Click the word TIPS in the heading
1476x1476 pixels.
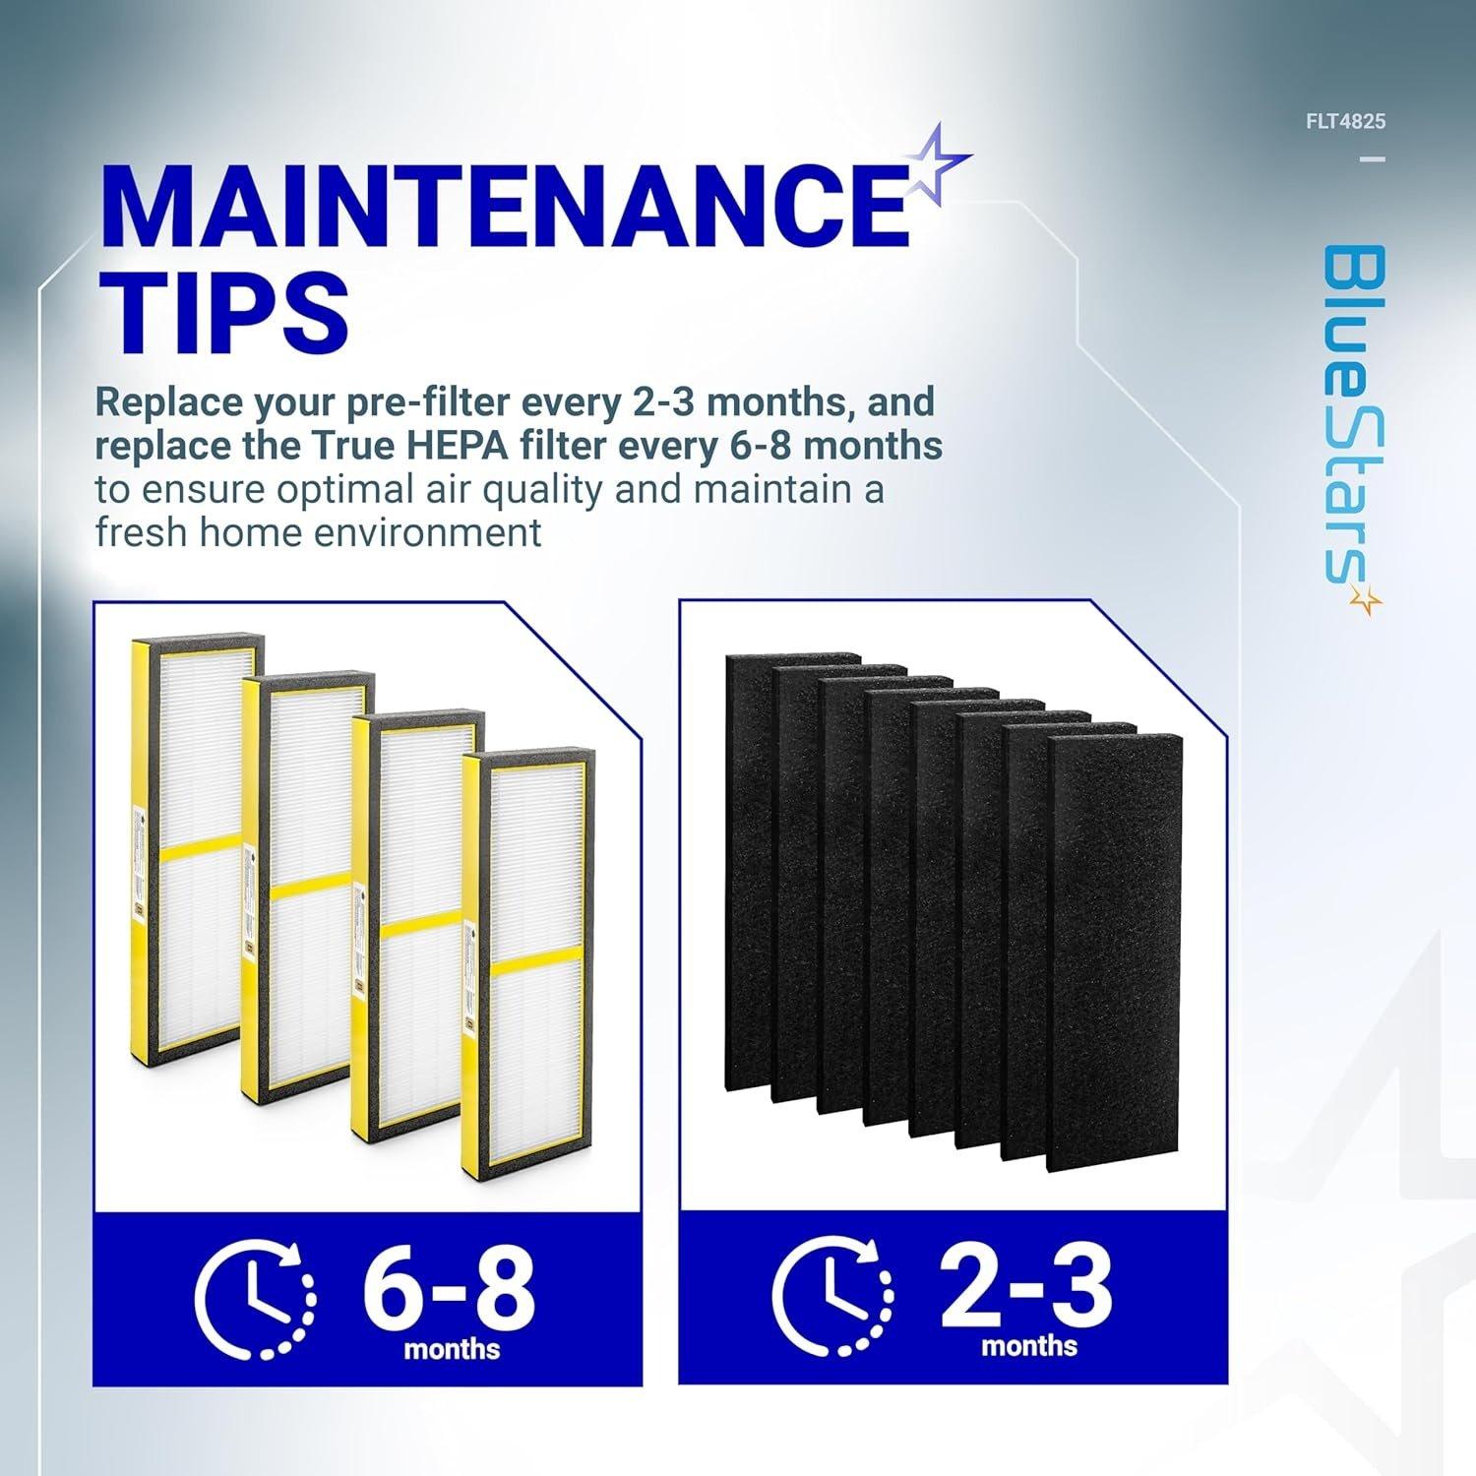[224, 308]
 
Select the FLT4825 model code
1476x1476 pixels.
[1345, 123]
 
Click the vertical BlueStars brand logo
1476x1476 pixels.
[1351, 413]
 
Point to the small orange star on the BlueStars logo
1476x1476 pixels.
[1365, 600]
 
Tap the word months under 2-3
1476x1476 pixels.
[1028, 1345]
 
